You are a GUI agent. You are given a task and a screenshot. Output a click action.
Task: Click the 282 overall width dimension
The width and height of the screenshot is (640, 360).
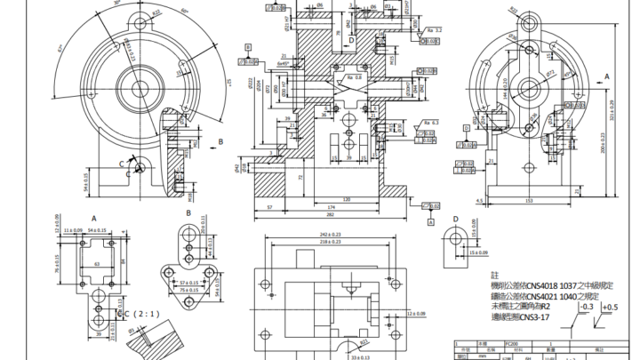click(x=331, y=214)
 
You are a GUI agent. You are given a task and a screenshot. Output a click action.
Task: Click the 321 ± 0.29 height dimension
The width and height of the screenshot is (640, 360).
click(x=612, y=116)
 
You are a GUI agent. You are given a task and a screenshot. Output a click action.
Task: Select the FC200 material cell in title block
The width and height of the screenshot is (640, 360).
click(x=510, y=342)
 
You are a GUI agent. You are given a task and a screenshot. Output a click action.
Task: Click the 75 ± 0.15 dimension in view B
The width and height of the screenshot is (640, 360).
click(x=187, y=290)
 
